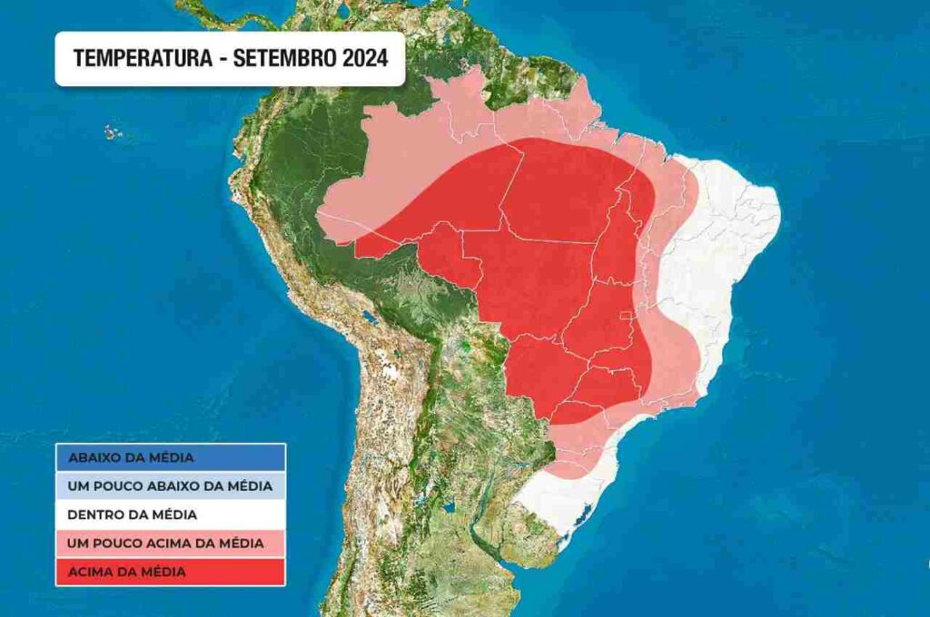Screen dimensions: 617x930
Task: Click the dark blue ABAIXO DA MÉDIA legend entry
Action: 171,457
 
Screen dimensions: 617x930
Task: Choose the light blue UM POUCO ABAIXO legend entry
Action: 171,486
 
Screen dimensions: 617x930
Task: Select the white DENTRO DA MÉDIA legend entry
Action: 171,514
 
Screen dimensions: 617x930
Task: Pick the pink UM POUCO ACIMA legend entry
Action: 171,543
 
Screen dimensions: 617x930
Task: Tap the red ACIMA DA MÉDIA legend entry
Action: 171,572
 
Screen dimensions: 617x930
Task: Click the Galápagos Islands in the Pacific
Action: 113,132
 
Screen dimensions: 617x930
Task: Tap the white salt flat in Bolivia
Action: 391,371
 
